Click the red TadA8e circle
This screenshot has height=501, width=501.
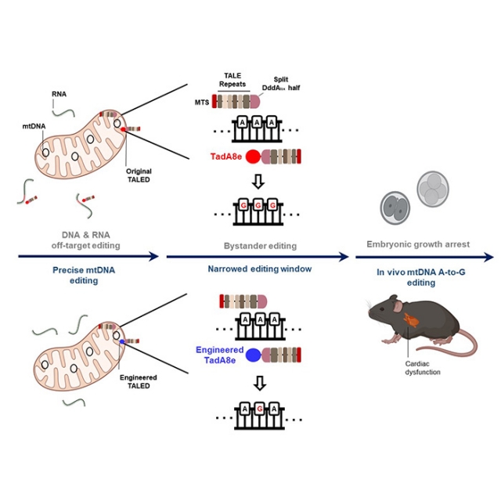(x=253, y=157)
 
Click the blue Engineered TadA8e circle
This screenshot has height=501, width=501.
(x=254, y=355)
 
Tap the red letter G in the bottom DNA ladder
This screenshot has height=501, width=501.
(x=260, y=409)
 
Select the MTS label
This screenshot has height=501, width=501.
(x=202, y=103)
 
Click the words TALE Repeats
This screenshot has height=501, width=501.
(x=232, y=80)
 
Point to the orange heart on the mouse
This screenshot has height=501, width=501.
(x=411, y=320)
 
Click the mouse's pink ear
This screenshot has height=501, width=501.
(x=398, y=307)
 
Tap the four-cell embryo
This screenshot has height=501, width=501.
(x=433, y=189)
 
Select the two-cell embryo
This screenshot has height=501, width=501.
(x=395, y=207)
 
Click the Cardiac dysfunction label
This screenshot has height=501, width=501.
(x=423, y=368)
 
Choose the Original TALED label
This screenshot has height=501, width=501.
(x=139, y=175)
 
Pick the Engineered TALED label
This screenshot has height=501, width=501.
(x=139, y=381)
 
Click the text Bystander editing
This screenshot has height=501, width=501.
(x=260, y=246)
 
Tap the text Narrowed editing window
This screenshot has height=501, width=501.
(x=260, y=269)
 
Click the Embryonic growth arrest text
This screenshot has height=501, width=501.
(x=418, y=244)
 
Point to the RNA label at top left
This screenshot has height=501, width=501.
(x=59, y=94)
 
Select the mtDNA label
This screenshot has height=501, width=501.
(x=34, y=126)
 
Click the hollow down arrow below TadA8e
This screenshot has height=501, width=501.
(x=258, y=181)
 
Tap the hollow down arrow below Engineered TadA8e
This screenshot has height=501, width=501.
(x=260, y=383)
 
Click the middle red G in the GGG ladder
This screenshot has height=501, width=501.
(x=258, y=205)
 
